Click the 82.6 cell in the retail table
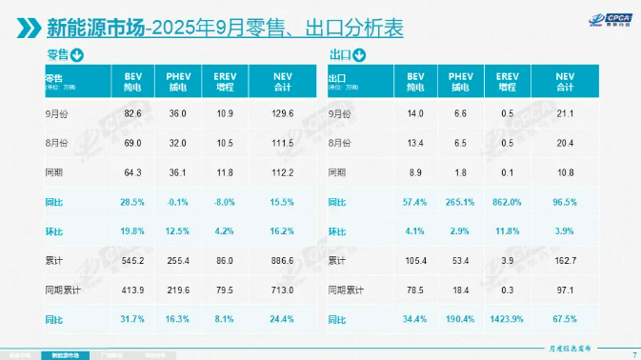[132, 114]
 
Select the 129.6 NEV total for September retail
[282, 114]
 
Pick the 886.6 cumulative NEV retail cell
[282, 259]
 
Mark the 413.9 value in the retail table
[132, 289]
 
